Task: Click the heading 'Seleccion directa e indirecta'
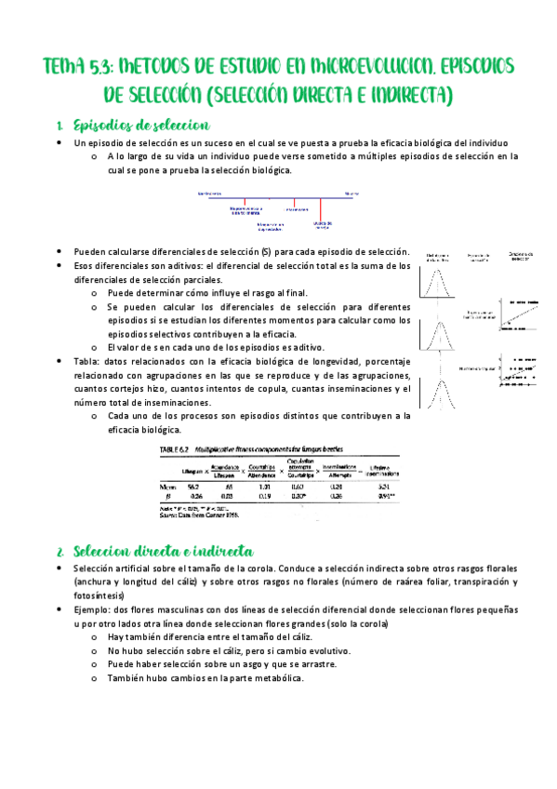[154, 552]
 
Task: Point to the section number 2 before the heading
[59, 552]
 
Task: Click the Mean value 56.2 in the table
[193, 486]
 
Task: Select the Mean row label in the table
[167, 486]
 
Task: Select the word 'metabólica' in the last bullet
[277, 679]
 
